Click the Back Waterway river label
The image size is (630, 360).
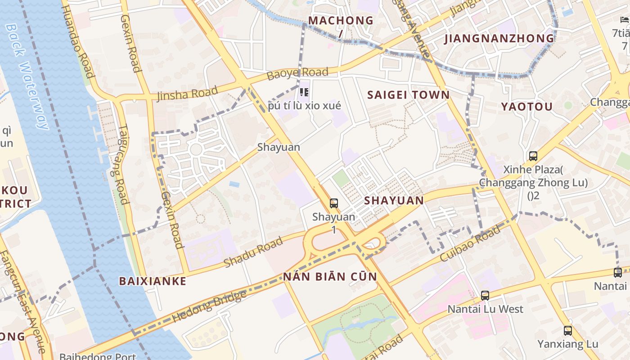pyautogui.click(x=27, y=76)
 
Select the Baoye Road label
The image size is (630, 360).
pyautogui.click(x=297, y=73)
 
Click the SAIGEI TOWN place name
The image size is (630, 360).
pyautogui.click(x=408, y=95)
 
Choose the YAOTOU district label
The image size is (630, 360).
pyautogui.click(x=527, y=107)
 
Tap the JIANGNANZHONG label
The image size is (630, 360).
pyautogui.click(x=499, y=39)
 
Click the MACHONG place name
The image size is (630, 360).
pyautogui.click(x=341, y=21)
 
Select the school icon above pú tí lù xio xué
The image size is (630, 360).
pyautogui.click(x=304, y=92)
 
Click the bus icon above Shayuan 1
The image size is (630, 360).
pyautogui.click(x=333, y=203)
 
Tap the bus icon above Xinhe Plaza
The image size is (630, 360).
pyautogui.click(x=533, y=156)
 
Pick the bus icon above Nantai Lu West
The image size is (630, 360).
pyautogui.click(x=485, y=296)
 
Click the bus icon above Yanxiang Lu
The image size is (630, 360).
pyautogui.click(x=568, y=331)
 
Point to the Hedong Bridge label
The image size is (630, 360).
pyautogui.click(x=209, y=306)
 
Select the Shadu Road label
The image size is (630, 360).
pyautogui.click(x=253, y=252)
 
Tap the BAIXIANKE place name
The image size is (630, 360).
pyautogui.click(x=152, y=281)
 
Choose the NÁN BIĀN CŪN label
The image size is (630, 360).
pyautogui.click(x=330, y=276)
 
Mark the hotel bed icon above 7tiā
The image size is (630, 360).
pyautogui.click(x=624, y=20)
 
